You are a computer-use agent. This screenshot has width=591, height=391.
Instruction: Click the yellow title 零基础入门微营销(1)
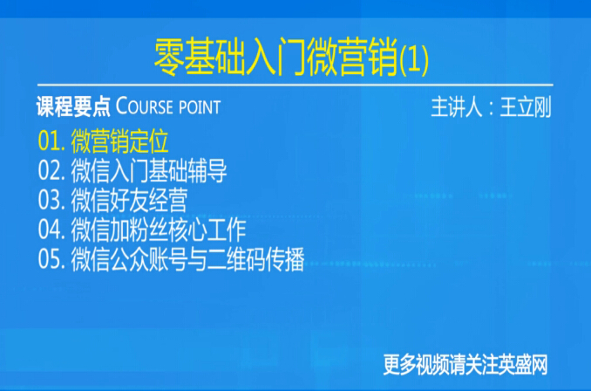pos(291,58)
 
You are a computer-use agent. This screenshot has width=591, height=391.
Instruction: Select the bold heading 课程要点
pos(73,106)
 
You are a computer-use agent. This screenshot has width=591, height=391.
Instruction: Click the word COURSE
pos(144,106)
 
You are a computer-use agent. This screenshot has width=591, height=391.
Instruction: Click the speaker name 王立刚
pos(526,106)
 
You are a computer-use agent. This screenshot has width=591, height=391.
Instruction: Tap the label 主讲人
pos(457,106)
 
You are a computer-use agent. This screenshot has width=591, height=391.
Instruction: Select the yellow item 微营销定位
pos(119,141)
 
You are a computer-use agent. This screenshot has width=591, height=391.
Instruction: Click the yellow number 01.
pos(51,141)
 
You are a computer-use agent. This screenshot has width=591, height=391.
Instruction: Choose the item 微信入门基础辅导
pos(149,171)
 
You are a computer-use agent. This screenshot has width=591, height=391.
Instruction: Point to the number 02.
pos(51,171)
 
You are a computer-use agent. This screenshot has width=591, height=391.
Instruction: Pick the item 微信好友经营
pos(129,200)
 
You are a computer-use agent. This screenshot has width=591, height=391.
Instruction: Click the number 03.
pos(51,201)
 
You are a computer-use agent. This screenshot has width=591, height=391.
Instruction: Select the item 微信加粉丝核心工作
pos(159,230)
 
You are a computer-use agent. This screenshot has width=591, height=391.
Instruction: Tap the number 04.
pos(51,230)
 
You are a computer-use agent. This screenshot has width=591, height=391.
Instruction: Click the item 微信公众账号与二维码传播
pos(187,259)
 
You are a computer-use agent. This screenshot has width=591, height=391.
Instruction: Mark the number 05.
pos(51,260)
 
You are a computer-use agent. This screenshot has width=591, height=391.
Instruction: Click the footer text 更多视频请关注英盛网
pos(465,365)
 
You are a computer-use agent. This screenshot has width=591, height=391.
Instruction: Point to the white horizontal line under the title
pos(295,85)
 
